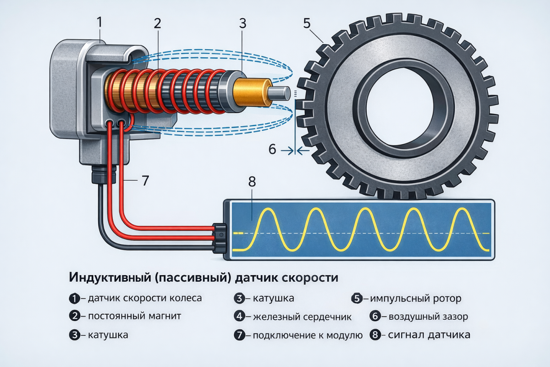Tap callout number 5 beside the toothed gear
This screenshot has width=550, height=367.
click(x=307, y=23)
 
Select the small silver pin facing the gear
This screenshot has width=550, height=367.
click(x=280, y=93)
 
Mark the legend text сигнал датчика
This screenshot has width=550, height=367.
click(x=429, y=335)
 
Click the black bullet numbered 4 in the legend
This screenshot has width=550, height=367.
click(x=240, y=316)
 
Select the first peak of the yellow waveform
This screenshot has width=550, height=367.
click(x=268, y=209)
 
